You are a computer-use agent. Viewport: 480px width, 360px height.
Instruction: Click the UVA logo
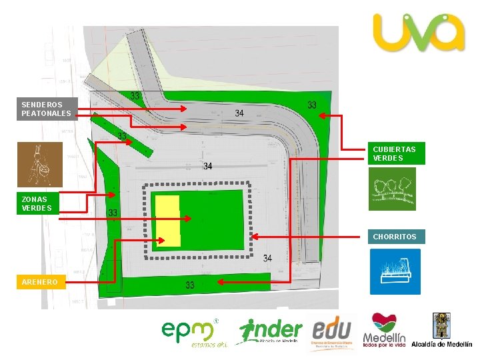[418, 33]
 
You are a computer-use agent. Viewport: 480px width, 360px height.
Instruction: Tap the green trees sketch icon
[393, 189]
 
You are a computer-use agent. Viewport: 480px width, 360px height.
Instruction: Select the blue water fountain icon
[395, 271]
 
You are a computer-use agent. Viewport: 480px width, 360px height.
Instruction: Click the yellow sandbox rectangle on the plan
[167, 221]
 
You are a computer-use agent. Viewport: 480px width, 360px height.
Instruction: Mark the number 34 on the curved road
[239, 113]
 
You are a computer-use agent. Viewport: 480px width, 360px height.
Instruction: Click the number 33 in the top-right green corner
[312, 105]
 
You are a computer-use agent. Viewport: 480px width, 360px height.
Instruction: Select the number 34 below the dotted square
[267, 258]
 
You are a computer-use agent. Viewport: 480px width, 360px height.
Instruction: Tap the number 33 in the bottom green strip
[190, 285]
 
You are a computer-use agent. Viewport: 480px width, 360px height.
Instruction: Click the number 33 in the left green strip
[114, 213]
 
